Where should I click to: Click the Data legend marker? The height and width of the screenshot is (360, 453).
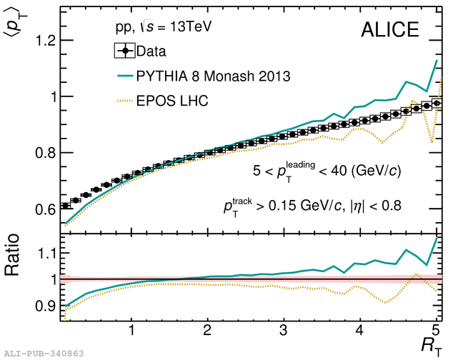[x=126, y=51]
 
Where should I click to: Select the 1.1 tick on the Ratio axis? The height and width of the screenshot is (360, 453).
[x=42, y=253]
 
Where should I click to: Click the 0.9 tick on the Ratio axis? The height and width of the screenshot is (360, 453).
[x=42, y=306]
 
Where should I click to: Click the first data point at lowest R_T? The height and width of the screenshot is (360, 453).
[x=66, y=205]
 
